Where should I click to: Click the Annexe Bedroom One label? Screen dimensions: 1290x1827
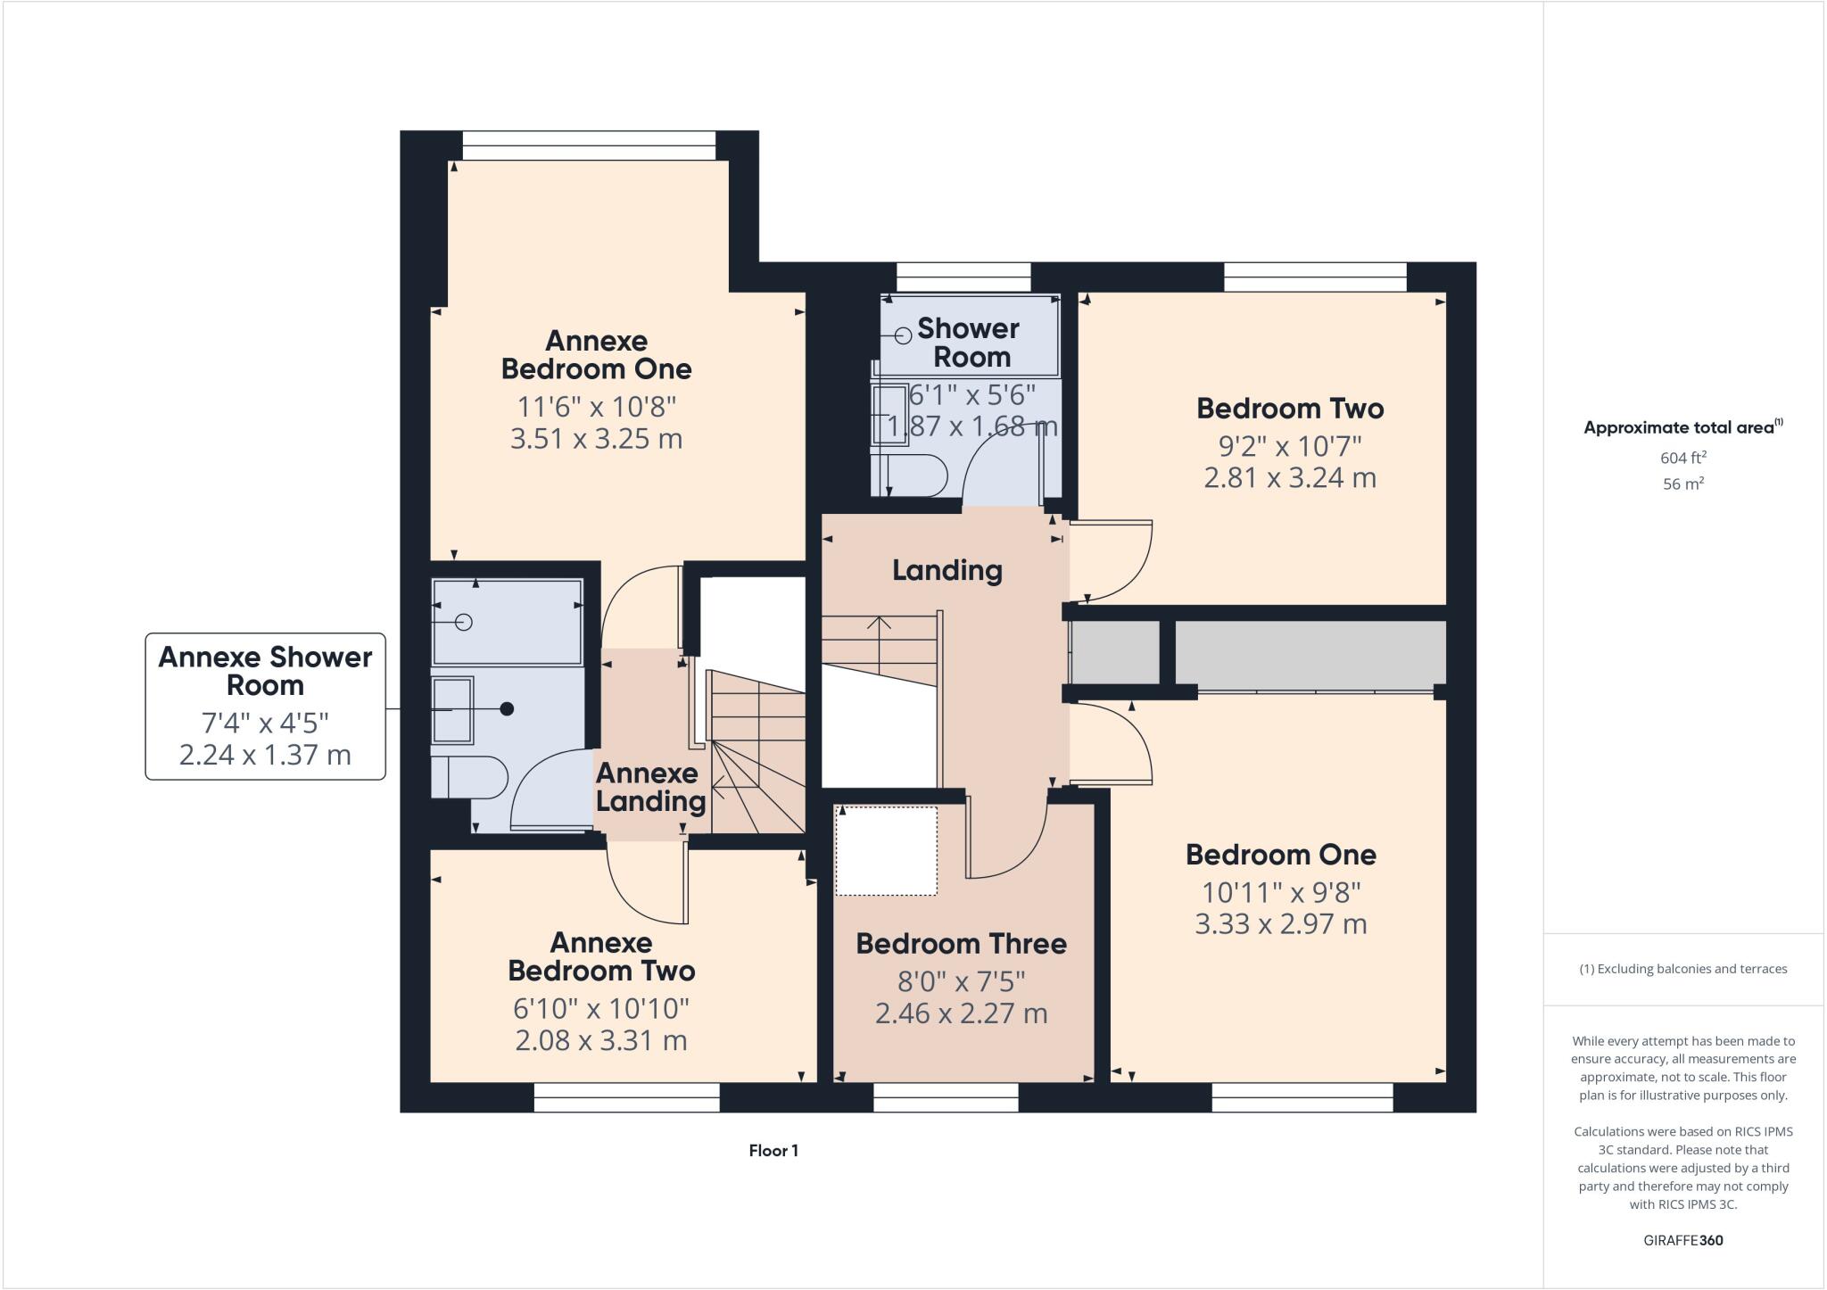596,354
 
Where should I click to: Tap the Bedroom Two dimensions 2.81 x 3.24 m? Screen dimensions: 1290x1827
1289,477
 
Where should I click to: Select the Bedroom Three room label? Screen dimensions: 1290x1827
961,943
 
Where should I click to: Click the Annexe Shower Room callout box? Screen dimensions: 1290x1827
265,706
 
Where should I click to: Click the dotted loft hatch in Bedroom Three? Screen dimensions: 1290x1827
886,850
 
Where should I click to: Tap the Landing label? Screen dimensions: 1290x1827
947,570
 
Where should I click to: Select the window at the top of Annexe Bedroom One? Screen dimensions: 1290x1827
589,145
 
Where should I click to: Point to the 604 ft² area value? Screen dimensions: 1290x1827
1682,458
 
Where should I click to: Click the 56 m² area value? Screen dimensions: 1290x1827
1682,484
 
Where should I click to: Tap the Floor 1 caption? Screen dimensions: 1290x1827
773,1151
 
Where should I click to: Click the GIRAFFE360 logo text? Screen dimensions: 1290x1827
1682,1240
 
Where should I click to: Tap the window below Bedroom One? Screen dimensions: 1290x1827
1302,1097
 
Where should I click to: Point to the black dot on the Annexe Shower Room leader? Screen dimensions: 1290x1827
507,709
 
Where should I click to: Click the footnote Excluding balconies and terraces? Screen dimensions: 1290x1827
1682,969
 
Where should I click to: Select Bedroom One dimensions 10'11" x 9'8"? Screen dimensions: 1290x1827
1280,891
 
